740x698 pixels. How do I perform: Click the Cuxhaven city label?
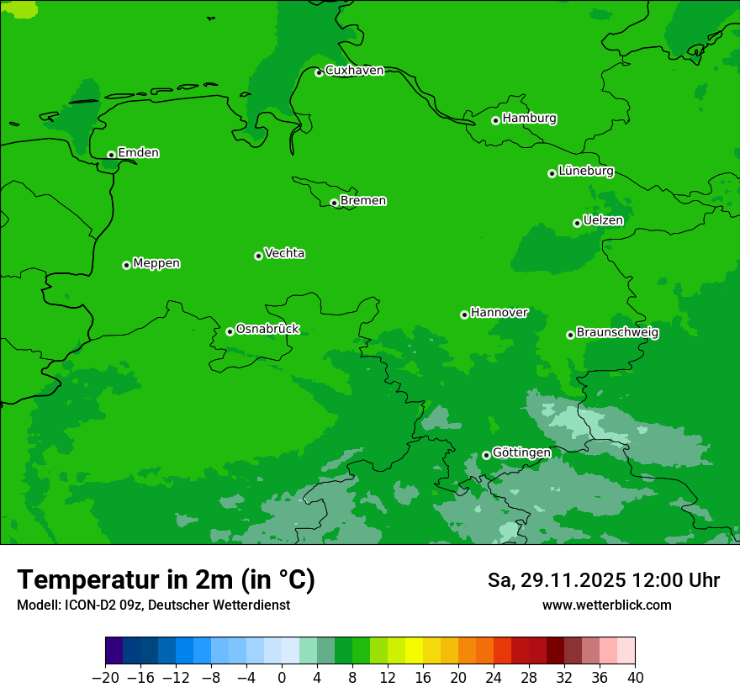(354, 71)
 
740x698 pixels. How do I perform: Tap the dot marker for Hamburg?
(495, 120)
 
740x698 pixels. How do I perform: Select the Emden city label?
(138, 153)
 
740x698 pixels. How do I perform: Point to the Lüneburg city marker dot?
(552, 173)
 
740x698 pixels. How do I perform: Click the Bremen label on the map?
(363, 201)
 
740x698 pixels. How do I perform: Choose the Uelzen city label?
(603, 221)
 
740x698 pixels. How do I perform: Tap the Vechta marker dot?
(258, 256)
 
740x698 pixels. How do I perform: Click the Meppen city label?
(156, 264)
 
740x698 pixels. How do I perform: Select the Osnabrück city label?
(267, 330)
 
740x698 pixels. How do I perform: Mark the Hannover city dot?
(464, 315)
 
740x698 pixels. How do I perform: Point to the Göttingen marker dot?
(486, 455)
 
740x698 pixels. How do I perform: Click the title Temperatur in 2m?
(166, 580)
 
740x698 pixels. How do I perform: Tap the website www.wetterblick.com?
(606, 605)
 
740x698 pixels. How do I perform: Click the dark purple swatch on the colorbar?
(114, 651)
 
